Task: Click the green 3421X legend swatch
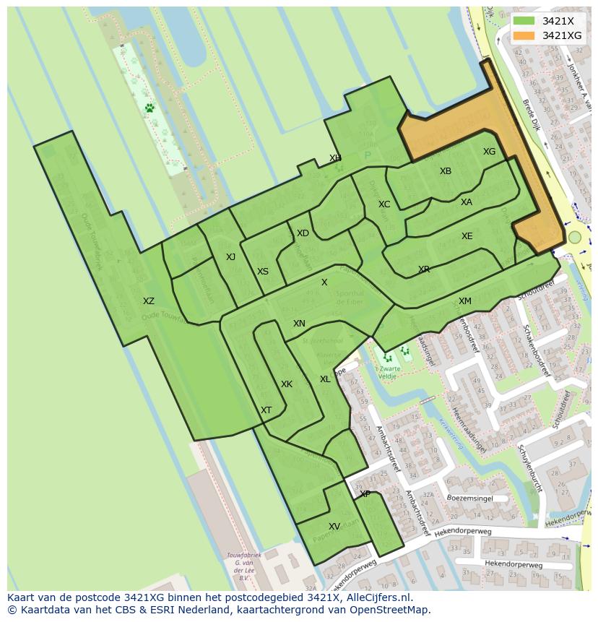tap(524, 21)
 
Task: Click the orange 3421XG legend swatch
tap(524, 35)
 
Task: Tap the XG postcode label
tap(490, 152)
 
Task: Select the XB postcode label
tap(446, 171)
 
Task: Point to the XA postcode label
tap(467, 202)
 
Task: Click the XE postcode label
tap(467, 236)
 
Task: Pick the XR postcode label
tap(424, 269)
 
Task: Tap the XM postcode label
tap(465, 301)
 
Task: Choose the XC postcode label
tap(384, 204)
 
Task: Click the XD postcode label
tap(303, 233)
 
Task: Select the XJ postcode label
tap(230, 257)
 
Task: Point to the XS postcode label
tap(263, 272)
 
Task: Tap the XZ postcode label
tap(148, 301)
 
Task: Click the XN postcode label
tap(299, 324)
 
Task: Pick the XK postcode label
tap(287, 384)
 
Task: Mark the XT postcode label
tap(266, 410)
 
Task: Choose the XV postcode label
tap(334, 527)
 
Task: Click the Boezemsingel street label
tap(469, 498)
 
